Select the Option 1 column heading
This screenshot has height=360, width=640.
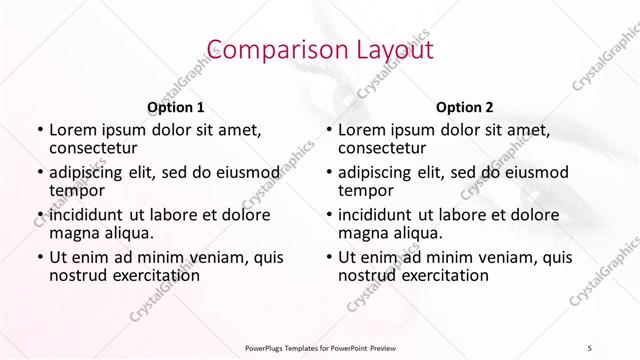(176, 107)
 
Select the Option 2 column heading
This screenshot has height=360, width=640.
(464, 107)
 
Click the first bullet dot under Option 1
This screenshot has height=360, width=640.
(40, 130)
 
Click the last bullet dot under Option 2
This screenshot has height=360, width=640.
(329, 258)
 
